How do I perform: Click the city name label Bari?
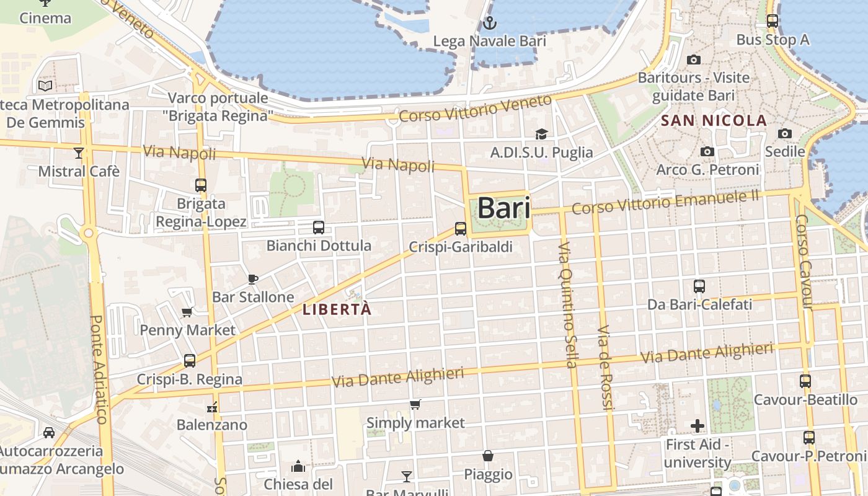coord(504,208)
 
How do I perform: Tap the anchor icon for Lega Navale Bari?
coord(490,24)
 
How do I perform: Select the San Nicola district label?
coord(714,120)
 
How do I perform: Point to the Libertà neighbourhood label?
coord(337,309)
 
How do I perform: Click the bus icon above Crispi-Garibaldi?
coord(461,229)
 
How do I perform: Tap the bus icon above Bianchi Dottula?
coord(319,228)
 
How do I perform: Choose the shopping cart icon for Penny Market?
coord(187,312)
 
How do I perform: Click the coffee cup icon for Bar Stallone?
coord(252,279)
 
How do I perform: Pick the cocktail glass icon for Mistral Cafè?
coord(79,153)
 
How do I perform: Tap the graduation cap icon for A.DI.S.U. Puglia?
coord(541,135)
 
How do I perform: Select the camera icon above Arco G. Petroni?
coord(707,152)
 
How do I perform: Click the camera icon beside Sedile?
coord(785,134)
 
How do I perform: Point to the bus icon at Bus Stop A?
coord(773,21)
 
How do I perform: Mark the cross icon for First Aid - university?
coord(697,426)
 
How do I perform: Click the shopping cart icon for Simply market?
coord(415,405)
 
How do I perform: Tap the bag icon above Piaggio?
coord(489,456)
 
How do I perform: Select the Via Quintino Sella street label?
coord(567,303)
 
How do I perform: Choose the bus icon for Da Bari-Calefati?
coord(699,286)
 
